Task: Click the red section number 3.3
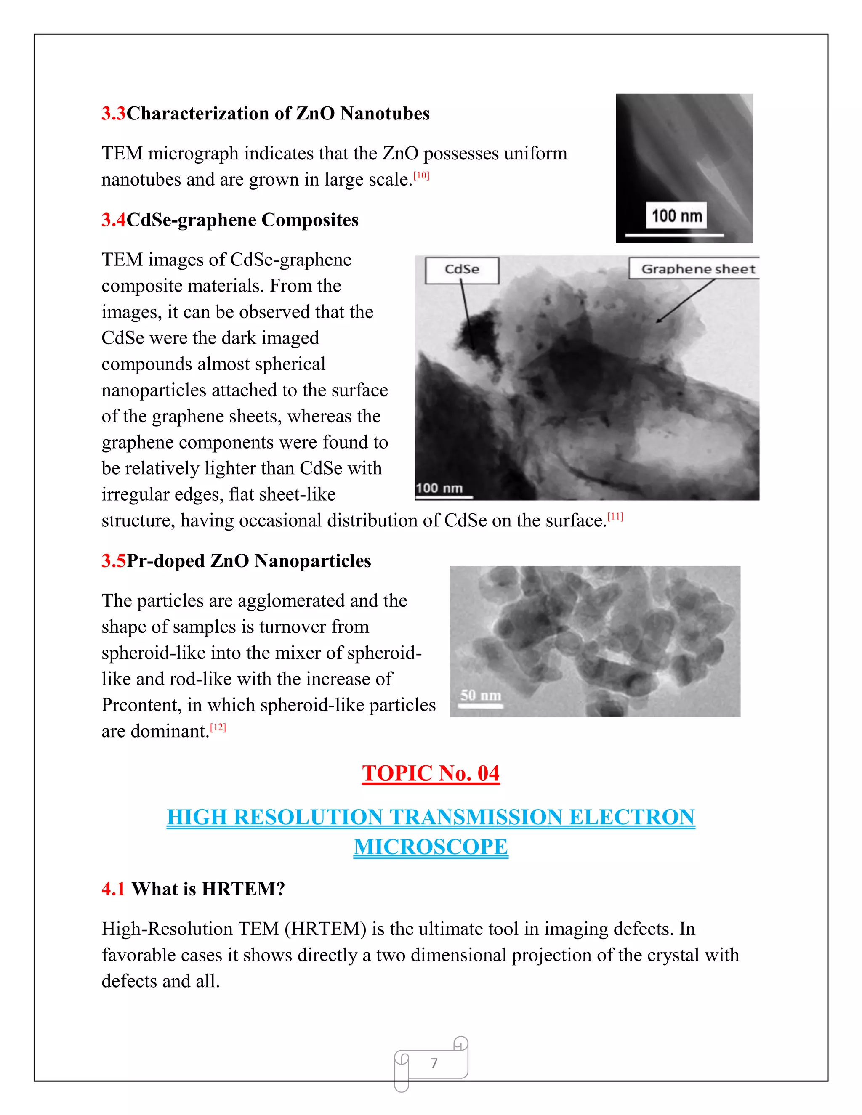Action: click(x=113, y=113)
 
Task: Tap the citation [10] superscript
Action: click(x=421, y=175)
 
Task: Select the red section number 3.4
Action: click(x=113, y=220)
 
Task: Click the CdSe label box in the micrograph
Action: click(x=462, y=270)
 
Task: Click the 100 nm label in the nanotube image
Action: click(x=677, y=216)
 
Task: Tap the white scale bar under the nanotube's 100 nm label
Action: click(x=674, y=235)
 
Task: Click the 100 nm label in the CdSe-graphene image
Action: click(x=439, y=488)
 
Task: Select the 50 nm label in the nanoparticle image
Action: click(x=481, y=696)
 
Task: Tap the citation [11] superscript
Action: click(x=615, y=517)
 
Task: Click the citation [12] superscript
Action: click(x=218, y=727)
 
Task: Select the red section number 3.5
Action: click(x=113, y=561)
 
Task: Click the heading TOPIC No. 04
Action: click(x=431, y=773)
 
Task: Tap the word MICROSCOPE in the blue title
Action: click(x=431, y=847)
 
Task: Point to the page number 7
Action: click(x=434, y=1063)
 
